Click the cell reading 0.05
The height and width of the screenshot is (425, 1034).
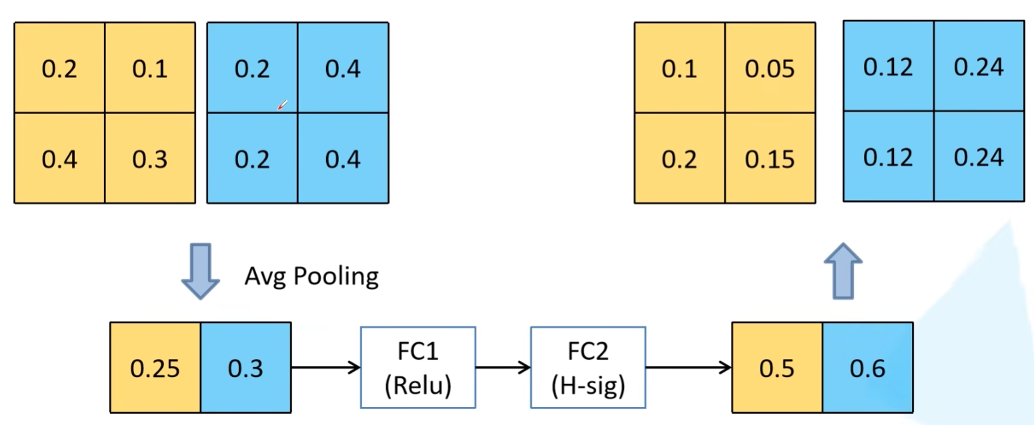point(770,67)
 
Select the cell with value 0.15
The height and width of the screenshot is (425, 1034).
point(770,158)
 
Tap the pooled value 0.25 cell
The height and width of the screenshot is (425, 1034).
point(155,368)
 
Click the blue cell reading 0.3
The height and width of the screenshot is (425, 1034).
point(246,368)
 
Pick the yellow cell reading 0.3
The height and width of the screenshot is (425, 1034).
point(150,158)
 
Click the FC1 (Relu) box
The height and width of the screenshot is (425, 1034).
point(418,368)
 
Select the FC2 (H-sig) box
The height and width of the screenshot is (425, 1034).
point(588,368)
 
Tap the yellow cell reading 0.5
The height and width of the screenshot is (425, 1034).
point(777,368)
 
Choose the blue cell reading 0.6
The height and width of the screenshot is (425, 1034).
point(868,368)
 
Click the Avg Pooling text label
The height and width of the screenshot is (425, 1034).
point(312,276)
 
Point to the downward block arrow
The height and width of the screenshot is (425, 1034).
point(200,272)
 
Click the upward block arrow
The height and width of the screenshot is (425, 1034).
point(843,272)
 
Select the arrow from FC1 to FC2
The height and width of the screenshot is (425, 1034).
point(503,368)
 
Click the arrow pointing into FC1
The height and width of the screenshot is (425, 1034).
point(326,368)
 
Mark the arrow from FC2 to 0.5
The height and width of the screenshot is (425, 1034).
point(688,368)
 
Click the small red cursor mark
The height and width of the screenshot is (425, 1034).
point(282,105)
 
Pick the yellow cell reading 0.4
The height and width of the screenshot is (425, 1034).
point(59,158)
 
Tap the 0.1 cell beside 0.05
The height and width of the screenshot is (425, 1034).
point(680,67)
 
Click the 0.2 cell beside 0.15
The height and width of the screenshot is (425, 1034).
point(680,158)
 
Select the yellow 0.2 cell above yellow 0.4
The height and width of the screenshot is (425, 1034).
point(59,67)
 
